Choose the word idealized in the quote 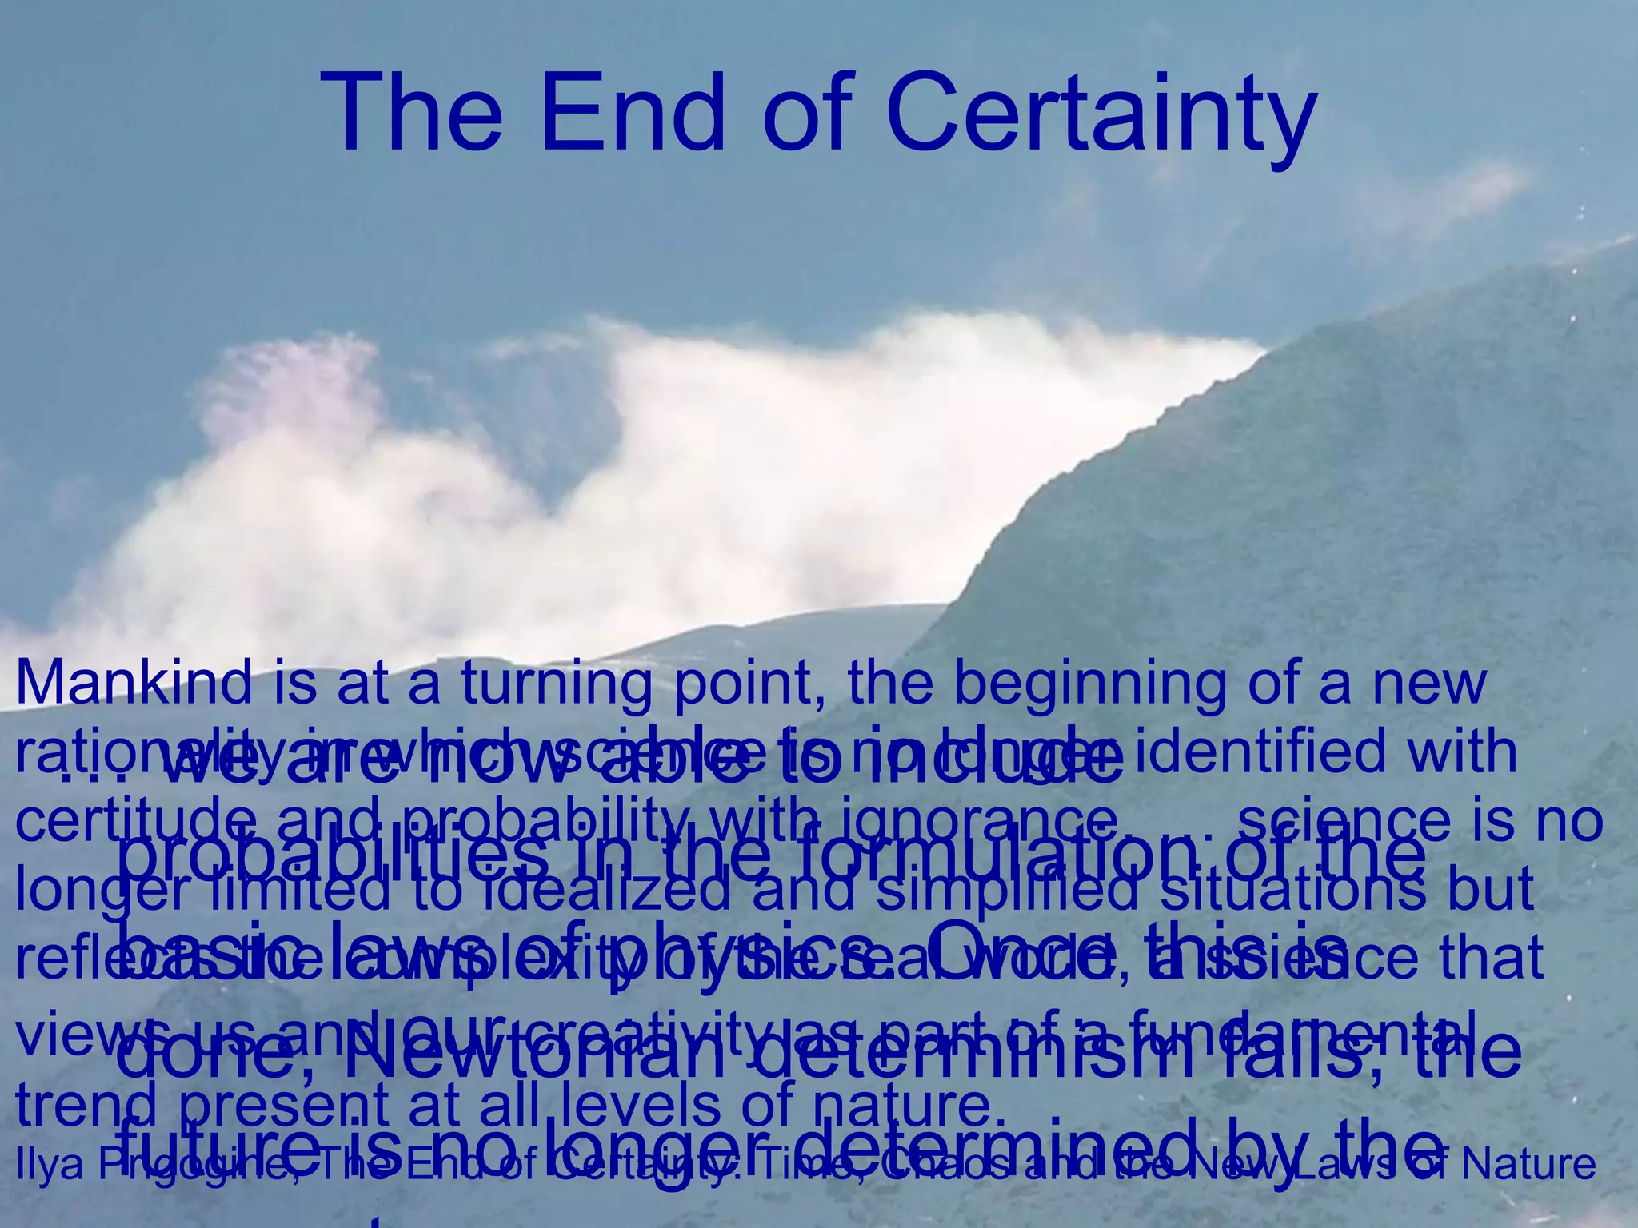[x=607, y=889]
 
